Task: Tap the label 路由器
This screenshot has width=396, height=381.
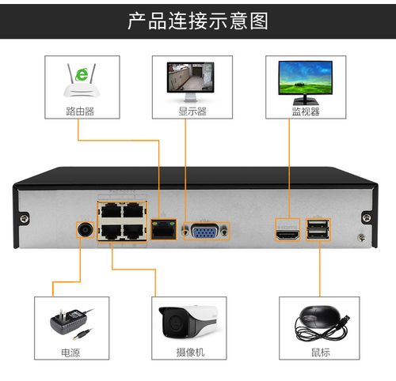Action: pos(80,111)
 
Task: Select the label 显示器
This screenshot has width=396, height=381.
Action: pos(192,111)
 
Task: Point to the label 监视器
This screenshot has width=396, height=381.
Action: pos(305,111)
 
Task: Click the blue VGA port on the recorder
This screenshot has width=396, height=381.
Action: pos(205,231)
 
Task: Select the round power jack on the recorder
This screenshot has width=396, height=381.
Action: pos(85,231)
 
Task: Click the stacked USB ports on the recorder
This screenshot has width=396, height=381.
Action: pos(318,230)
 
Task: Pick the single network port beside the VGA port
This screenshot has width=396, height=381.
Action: pos(164,231)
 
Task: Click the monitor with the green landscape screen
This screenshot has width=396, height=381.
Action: pos(305,79)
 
